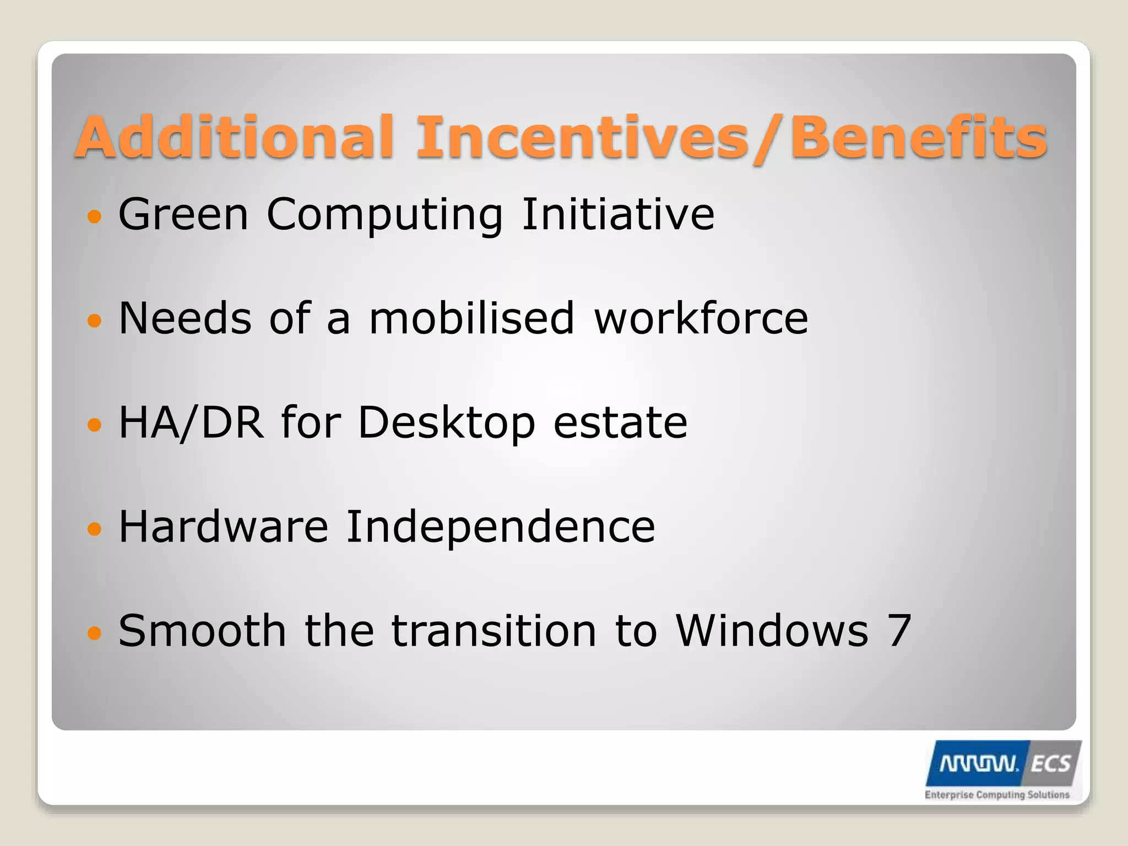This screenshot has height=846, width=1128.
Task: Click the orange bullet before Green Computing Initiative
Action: [95, 216]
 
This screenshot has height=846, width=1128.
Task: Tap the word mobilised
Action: [471, 318]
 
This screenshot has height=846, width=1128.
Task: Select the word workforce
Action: [701, 318]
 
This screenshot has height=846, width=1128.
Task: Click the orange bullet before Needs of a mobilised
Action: [95, 320]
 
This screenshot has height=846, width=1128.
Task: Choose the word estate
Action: [620, 422]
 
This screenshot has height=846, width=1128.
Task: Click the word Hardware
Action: [224, 527]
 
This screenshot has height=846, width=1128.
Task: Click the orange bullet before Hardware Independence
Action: [95, 529]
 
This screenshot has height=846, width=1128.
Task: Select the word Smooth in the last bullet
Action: [202, 631]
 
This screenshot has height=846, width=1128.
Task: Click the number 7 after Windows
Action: [899, 631]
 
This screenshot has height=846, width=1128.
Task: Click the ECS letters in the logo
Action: [1050, 764]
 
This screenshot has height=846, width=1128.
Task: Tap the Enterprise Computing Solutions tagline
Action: [997, 795]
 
